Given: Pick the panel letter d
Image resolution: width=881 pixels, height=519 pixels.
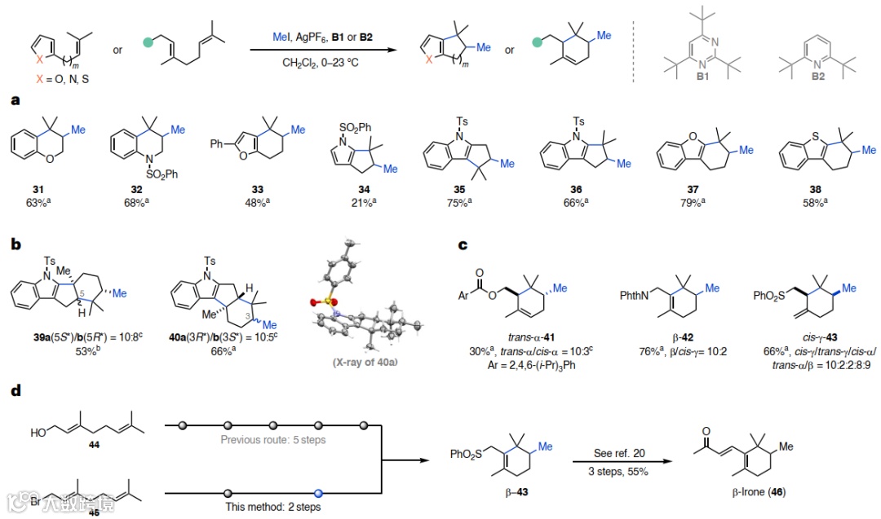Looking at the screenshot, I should pos(15,392).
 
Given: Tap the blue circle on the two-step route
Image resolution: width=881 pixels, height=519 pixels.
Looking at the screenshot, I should pos(318,492).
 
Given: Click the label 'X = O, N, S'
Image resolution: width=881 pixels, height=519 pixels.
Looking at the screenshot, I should pos(58,81).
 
